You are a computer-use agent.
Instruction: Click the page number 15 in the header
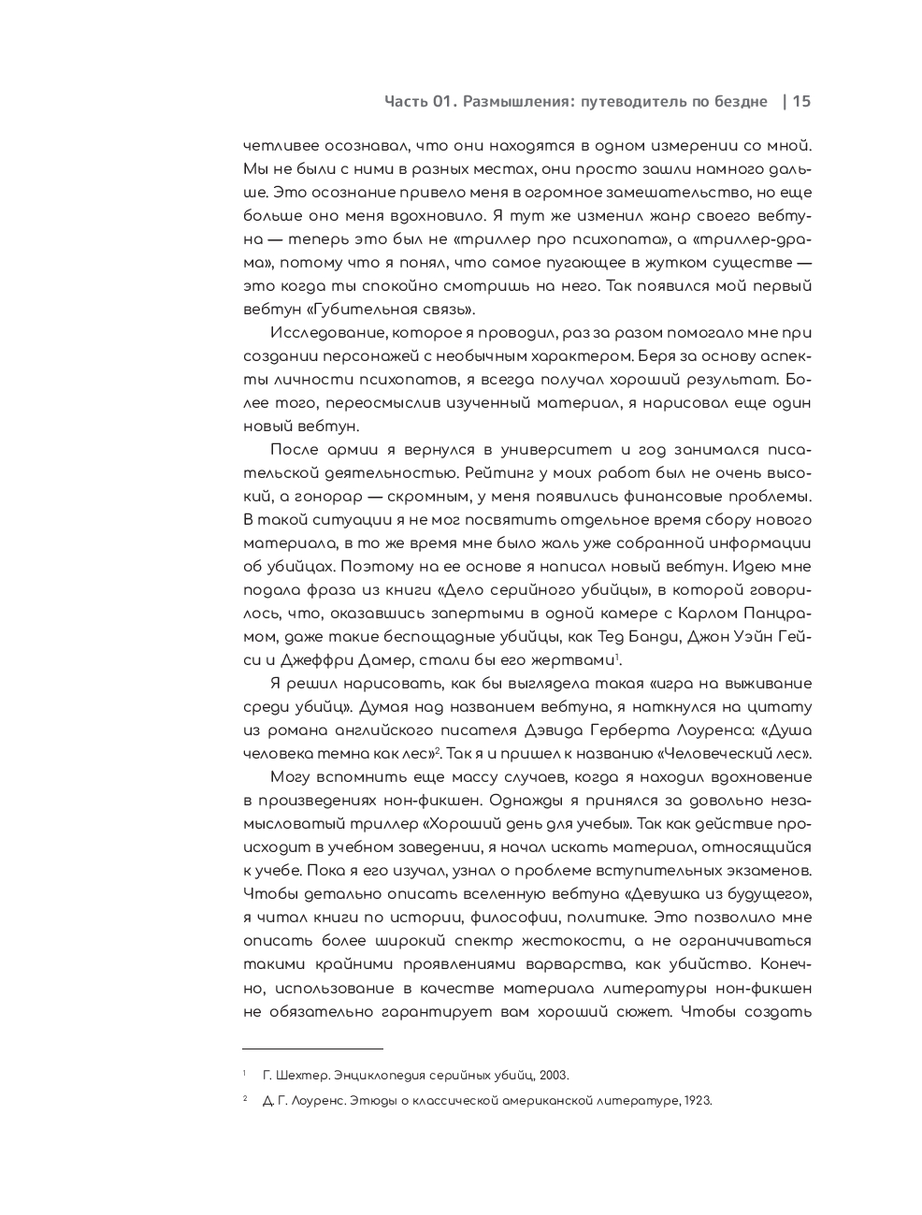(801, 102)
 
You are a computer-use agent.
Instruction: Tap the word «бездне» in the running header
(740, 102)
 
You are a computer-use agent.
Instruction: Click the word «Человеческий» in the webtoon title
(713, 754)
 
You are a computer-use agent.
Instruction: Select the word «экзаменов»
(773, 871)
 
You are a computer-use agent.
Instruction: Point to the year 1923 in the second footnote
(698, 1101)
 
